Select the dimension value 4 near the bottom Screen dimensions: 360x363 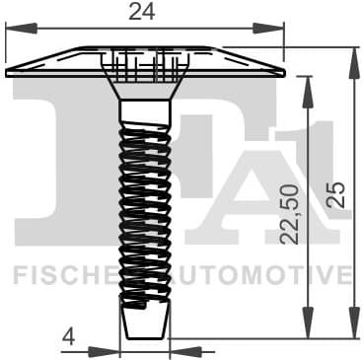68,336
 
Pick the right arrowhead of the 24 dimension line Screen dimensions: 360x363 277,30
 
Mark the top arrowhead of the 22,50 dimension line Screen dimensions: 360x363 310,83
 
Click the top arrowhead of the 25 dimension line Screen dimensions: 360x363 352,51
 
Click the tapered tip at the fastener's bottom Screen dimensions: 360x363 144,320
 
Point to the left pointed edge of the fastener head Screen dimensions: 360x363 9,72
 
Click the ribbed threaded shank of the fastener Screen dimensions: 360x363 144,197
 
